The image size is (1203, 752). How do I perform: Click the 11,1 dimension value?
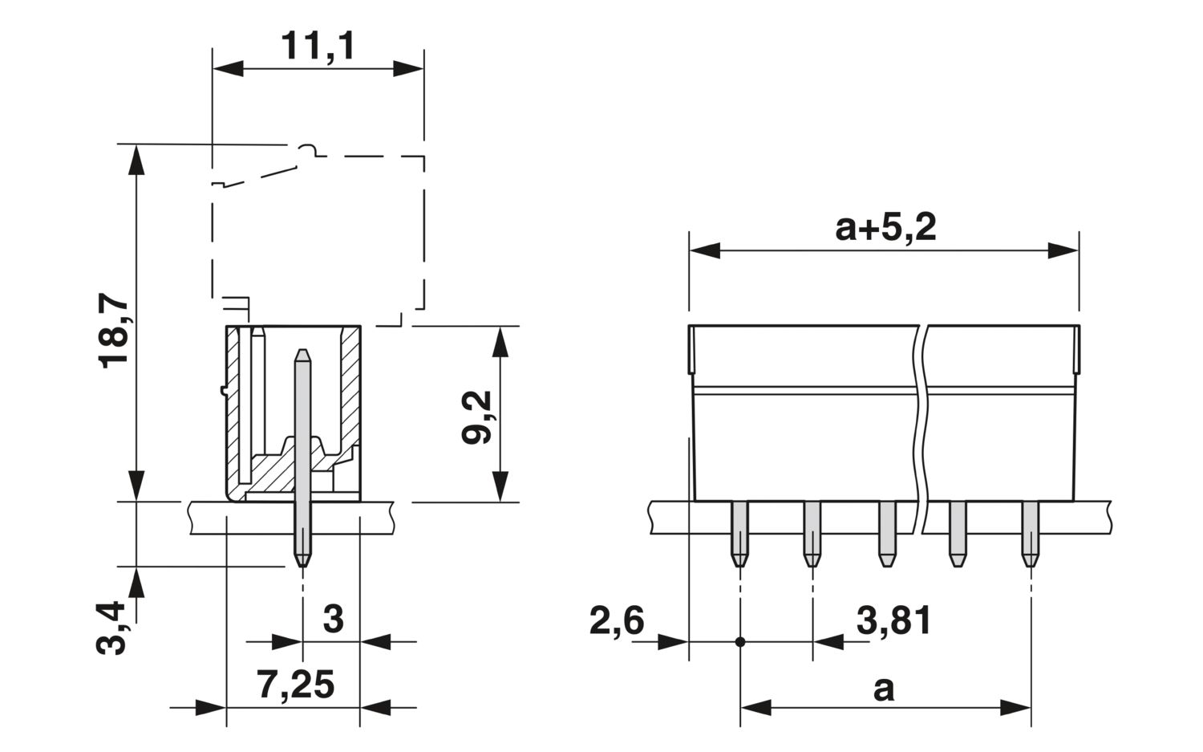[x=318, y=47]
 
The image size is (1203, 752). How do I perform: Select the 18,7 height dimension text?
[x=115, y=331]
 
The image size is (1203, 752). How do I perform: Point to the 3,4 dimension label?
[x=115, y=627]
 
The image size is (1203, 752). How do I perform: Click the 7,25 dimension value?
[x=295, y=686]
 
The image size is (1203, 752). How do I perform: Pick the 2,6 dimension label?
[x=616, y=621]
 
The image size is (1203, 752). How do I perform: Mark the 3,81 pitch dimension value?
[x=894, y=621]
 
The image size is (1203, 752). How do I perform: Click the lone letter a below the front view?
[x=883, y=688]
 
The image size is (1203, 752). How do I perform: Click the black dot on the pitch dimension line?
[x=739, y=642]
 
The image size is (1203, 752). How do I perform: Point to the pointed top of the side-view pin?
[x=302, y=353]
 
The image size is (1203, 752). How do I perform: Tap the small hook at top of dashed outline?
[x=308, y=150]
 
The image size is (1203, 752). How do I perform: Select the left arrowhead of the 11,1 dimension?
[x=227, y=69]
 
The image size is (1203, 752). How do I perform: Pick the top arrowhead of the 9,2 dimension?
[x=500, y=341]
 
